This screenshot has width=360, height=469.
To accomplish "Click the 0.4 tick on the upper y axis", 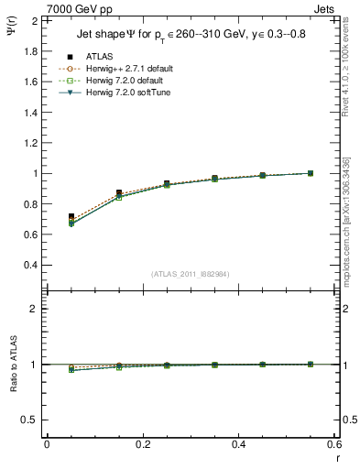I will (x=29, y=265).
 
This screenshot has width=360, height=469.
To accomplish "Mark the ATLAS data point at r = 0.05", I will (x=71, y=216).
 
